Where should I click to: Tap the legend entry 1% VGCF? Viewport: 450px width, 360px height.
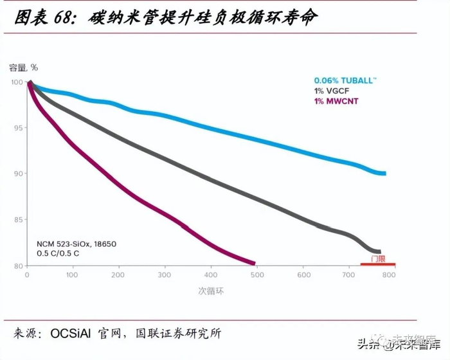click(332, 91)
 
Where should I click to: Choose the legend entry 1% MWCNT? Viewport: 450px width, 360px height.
click(336, 102)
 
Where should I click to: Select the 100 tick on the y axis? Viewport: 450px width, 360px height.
click(16, 82)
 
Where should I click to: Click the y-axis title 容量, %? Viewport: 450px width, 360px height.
click(24, 67)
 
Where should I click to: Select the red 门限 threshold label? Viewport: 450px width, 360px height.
click(378, 258)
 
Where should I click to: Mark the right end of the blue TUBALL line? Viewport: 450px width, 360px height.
click(384, 174)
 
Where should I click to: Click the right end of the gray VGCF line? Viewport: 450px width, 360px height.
click(379, 251)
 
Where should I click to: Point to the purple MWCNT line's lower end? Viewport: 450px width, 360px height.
click(254, 263)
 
